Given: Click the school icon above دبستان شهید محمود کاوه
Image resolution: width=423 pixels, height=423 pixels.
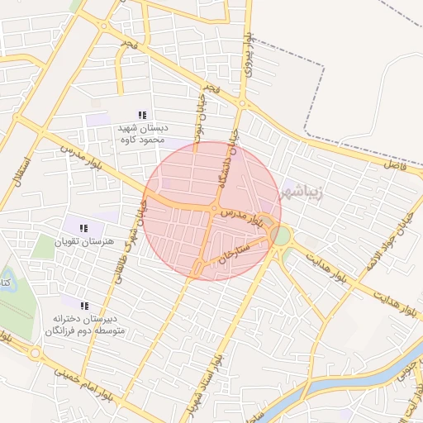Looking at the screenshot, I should [142, 115].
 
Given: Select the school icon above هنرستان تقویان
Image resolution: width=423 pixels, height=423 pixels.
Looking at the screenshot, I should [83, 228].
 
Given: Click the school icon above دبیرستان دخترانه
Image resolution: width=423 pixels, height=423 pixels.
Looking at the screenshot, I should [84, 306].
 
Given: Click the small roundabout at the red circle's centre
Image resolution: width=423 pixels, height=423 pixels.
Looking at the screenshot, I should [214, 210].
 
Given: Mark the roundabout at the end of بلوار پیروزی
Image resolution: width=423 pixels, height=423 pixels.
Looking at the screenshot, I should [242, 104].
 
